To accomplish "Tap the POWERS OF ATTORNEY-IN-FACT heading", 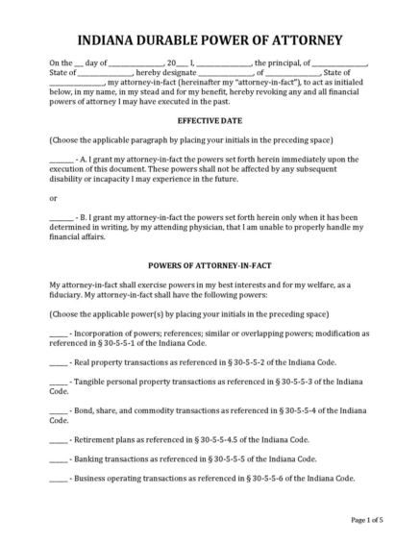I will click(x=210, y=264).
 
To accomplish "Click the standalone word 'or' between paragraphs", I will click(x=53, y=198).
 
